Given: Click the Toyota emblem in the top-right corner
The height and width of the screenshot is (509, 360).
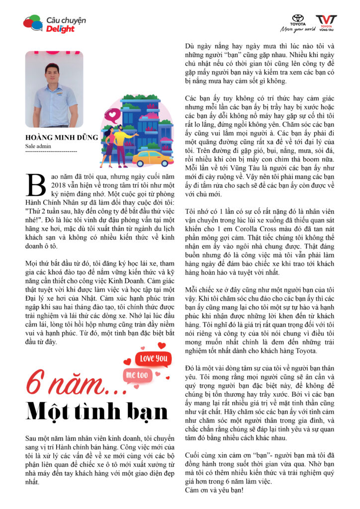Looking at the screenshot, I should [x=298, y=19].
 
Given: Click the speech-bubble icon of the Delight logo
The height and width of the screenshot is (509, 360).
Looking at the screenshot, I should [x=32, y=23].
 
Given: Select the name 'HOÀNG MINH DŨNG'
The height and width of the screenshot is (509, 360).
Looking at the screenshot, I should [x=62, y=138].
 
